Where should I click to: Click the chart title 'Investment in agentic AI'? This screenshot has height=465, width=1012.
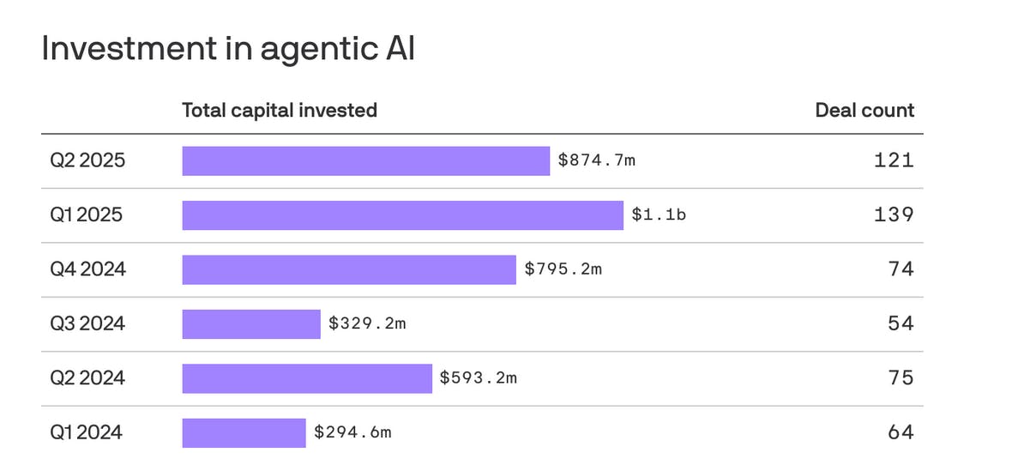click(228, 49)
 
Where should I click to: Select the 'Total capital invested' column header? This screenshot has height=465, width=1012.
click(280, 111)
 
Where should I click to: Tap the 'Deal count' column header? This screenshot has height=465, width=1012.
click(864, 111)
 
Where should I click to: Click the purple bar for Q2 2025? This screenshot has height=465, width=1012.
click(365, 160)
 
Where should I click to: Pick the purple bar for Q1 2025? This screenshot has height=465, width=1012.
click(402, 215)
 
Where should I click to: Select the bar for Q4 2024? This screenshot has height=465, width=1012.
click(349, 269)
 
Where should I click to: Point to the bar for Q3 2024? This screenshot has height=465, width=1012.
click(250, 323)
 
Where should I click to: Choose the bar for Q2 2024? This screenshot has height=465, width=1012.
click(307, 378)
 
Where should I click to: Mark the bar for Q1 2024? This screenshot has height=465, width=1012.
click(244, 432)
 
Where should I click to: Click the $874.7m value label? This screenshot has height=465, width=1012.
click(597, 160)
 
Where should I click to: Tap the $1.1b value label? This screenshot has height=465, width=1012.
click(659, 215)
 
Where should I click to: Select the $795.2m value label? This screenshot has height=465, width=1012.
click(563, 269)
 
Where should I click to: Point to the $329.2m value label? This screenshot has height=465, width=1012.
click(367, 323)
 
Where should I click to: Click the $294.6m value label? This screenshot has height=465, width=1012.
click(352, 432)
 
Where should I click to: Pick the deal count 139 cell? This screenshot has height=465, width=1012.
click(894, 215)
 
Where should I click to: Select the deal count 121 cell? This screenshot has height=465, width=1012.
click(894, 160)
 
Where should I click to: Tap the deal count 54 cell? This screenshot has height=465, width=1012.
click(901, 323)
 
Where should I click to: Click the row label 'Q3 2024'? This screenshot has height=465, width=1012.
click(87, 323)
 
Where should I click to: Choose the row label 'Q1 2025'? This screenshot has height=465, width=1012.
click(86, 215)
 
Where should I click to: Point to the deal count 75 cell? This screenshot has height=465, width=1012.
click(901, 378)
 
